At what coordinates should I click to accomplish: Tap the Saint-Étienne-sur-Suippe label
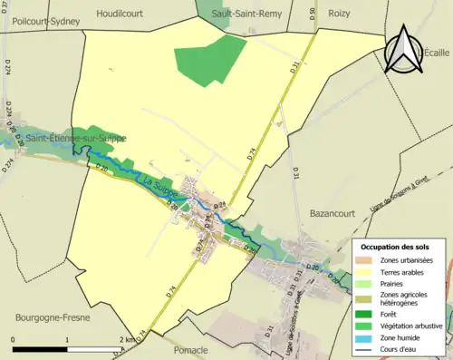(x=76, y=138)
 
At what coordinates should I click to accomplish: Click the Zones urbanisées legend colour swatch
(x=366, y=260)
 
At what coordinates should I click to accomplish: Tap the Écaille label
(x=435, y=54)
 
